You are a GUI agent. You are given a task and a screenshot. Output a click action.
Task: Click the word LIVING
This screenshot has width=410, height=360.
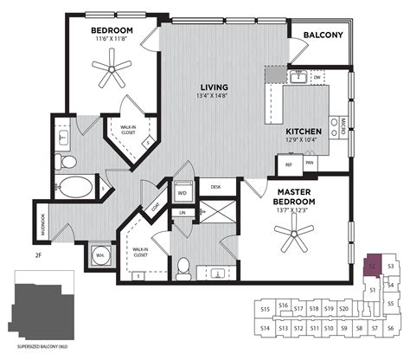pos(214,87)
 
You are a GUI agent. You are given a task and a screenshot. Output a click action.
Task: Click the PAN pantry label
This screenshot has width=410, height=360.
pos(309,162)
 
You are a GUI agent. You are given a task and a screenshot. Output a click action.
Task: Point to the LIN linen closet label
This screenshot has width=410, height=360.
pos(183,212)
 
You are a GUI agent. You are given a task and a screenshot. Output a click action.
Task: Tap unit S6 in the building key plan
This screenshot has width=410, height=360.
pos(391,329)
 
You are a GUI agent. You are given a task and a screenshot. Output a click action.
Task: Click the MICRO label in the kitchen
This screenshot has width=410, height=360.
pos(343,123)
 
